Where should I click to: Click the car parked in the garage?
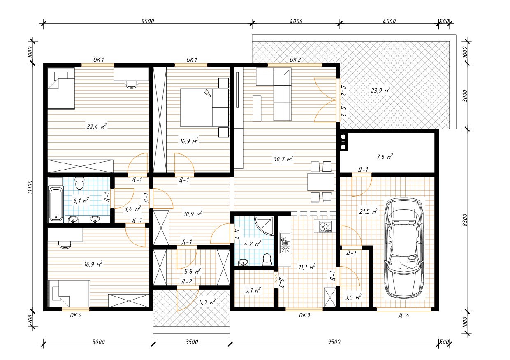(404, 248)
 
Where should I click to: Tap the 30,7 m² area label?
(283, 159)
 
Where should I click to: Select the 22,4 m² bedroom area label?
(97, 126)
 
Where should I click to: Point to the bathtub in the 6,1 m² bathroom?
(56, 204)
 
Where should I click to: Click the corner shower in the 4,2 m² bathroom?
(264, 225)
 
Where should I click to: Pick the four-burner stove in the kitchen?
(325, 226)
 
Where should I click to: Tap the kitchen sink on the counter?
(285, 243)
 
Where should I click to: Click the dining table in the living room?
(320, 182)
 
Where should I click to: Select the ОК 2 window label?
(295, 60)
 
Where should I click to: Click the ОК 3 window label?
(304, 316)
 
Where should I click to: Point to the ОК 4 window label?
(75, 316)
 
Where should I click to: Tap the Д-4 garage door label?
(403, 316)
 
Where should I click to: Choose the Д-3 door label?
(280, 283)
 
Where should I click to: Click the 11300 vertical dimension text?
(30, 187)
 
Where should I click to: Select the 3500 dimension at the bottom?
(192, 342)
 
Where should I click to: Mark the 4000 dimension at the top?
(296, 21)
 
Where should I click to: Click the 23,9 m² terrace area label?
(380, 91)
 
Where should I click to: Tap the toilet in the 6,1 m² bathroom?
(79, 183)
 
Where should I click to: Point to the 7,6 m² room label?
(385, 157)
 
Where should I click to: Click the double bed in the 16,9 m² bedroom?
(204, 107)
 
